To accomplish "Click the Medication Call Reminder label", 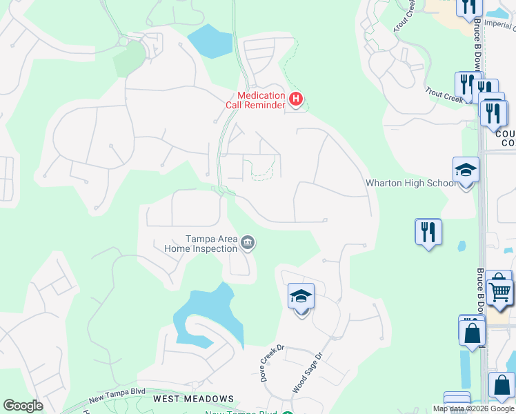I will click(x=255, y=101).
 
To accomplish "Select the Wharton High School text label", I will click(x=410, y=183).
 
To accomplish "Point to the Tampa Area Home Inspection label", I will click(x=200, y=243).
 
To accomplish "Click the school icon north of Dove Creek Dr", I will click(x=301, y=297).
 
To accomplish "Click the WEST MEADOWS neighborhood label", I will click(x=193, y=399).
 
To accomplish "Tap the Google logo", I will click(x=23, y=406).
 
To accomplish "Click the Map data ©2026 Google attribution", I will click(x=473, y=408).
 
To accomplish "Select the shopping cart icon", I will click(x=500, y=290).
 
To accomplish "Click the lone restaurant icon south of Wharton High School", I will click(x=428, y=232).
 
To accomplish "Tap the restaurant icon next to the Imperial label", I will click(x=469, y=7).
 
